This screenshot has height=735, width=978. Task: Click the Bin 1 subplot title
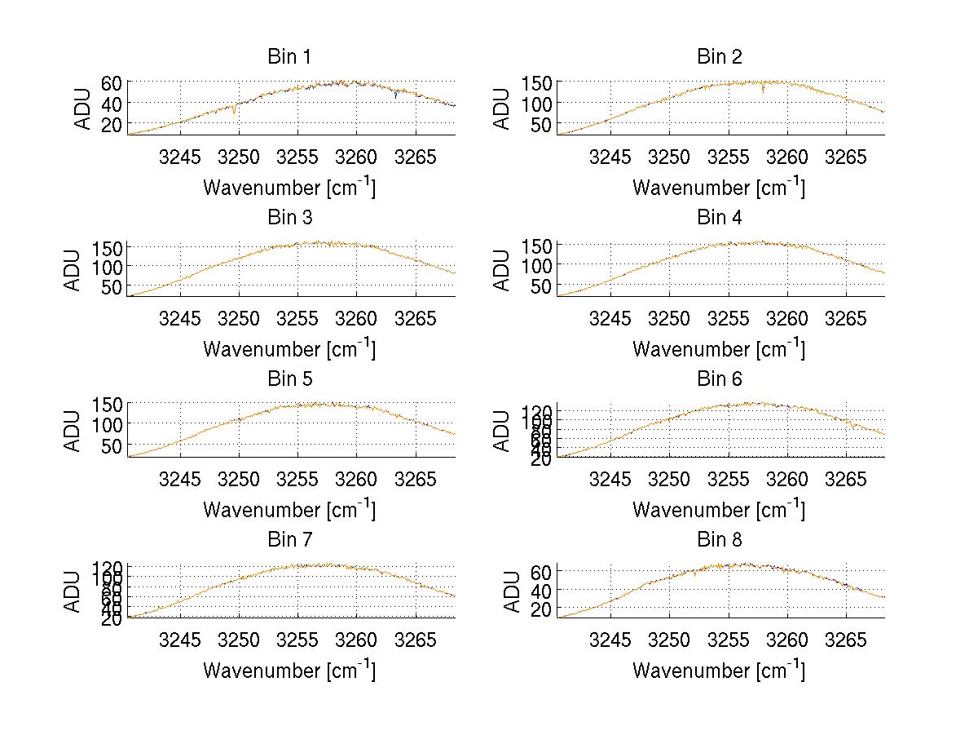point(289,57)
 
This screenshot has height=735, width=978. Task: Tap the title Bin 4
point(720,218)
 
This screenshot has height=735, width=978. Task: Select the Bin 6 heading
point(720,379)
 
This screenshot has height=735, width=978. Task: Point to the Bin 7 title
point(289,539)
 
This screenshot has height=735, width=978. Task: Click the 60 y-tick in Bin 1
point(112,83)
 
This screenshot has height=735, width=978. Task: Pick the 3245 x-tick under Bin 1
point(179,157)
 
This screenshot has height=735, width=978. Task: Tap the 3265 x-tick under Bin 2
point(847,157)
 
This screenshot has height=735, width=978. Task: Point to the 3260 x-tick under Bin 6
point(787,478)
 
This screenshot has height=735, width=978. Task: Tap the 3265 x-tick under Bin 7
point(416,639)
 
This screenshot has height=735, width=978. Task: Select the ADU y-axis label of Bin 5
point(73,429)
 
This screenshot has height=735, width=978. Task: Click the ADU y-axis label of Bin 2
point(503,108)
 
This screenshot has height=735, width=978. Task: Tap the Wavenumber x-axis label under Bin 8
point(718,671)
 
